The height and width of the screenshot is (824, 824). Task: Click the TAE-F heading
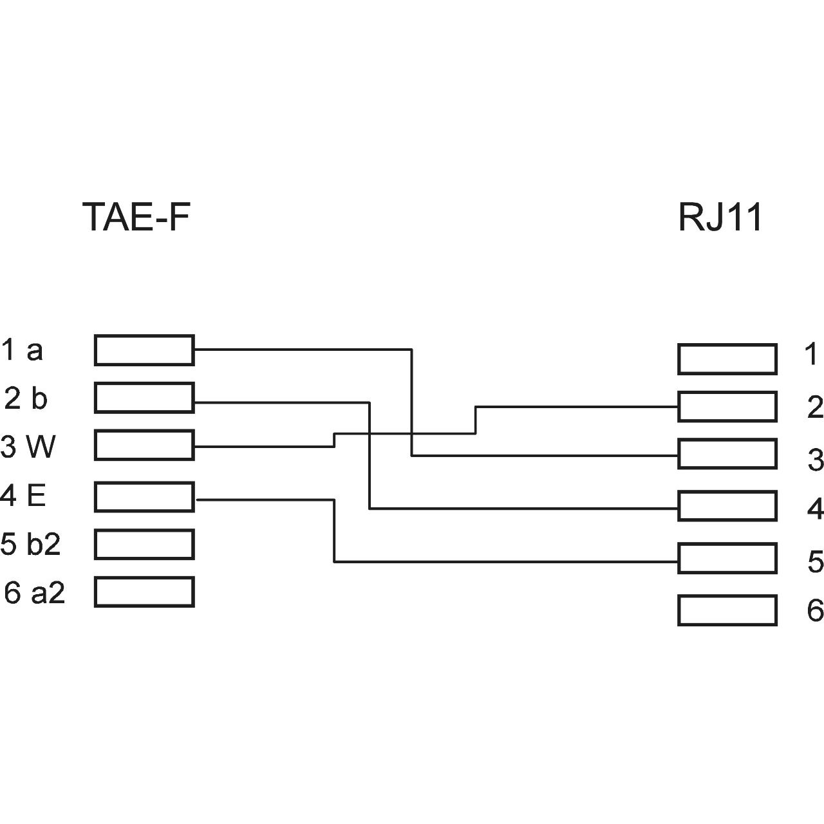coord(136,217)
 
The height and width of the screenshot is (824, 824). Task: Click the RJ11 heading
coord(720,217)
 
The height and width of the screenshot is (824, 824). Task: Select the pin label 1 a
coord(22,350)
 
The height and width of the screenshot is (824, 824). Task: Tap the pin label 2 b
coord(26,398)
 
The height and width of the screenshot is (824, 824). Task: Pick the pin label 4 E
coord(23,496)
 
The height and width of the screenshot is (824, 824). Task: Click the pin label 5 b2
coord(30,544)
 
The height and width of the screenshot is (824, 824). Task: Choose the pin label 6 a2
coord(34,592)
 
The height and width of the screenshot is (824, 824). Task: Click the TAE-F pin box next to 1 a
coord(144,350)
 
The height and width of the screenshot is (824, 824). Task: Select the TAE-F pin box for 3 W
coord(144,445)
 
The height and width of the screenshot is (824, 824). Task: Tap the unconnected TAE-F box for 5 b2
coord(144,544)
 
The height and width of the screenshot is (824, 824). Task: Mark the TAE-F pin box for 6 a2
coord(144,592)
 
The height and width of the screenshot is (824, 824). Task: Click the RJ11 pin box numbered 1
coord(727,359)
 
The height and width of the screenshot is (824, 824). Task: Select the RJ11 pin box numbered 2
coord(727,406)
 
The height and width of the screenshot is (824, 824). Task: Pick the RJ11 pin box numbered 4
coord(727,505)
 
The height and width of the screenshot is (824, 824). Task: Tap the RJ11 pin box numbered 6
coord(727,610)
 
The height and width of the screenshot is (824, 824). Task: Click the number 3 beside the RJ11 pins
coord(815,460)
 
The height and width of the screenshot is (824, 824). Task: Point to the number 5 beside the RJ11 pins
coord(815,562)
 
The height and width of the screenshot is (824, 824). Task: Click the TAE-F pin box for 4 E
coord(144,497)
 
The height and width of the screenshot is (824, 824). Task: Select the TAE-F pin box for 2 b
coord(144,397)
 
